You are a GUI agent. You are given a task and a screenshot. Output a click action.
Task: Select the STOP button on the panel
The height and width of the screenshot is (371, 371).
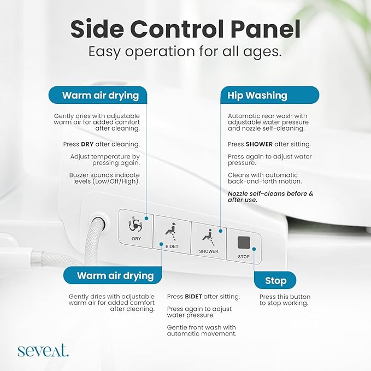(244, 246)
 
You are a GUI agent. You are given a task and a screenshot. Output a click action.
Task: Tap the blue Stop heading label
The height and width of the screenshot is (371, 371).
(275, 281)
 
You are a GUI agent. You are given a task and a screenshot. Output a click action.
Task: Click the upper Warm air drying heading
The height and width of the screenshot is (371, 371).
(100, 96)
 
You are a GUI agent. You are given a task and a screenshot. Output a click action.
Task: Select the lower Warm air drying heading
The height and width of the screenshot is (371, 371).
(115, 275)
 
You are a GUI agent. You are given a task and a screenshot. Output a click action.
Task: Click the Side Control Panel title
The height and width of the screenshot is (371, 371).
(185, 28)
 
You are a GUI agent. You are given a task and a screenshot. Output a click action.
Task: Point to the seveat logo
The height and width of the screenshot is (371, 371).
(43, 350)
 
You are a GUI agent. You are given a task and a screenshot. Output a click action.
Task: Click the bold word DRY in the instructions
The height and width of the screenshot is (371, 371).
(87, 144)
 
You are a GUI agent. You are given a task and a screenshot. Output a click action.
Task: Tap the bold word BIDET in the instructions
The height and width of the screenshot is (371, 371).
(193, 297)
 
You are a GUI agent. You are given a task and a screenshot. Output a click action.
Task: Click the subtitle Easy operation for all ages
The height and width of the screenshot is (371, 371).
(185, 52)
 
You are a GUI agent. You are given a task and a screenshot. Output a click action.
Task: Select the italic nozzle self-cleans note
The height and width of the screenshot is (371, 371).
(270, 197)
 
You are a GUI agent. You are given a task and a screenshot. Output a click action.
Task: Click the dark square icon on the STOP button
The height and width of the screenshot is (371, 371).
(244, 241)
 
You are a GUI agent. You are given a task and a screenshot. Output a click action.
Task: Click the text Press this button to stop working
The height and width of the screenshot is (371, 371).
(284, 300)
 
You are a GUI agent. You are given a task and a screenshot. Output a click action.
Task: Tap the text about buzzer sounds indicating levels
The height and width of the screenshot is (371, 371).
(105, 178)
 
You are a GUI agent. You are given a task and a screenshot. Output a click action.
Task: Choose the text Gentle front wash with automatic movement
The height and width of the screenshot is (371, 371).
(202, 330)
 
